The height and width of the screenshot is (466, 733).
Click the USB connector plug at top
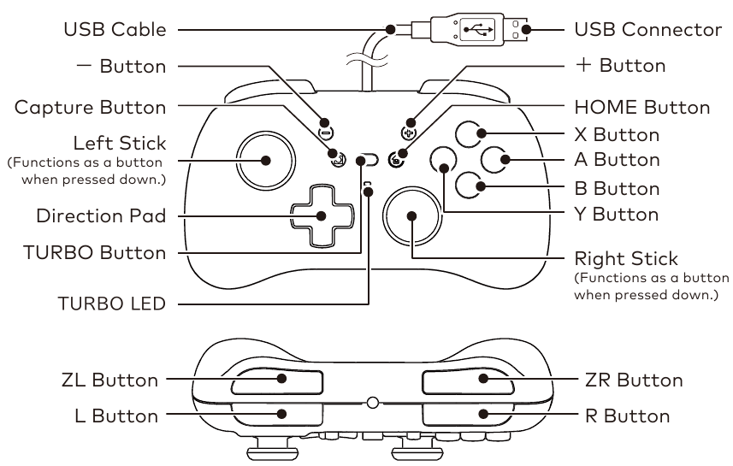pos(479,30)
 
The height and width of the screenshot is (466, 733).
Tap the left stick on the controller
pos(265,161)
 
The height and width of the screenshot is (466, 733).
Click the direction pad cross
pos(320,217)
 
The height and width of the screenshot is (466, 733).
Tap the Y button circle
pos(443,160)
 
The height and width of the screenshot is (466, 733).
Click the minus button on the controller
pos(326,133)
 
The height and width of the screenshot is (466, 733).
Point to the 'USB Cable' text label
pos(115,31)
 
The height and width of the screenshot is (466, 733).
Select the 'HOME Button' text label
pos(642,108)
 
